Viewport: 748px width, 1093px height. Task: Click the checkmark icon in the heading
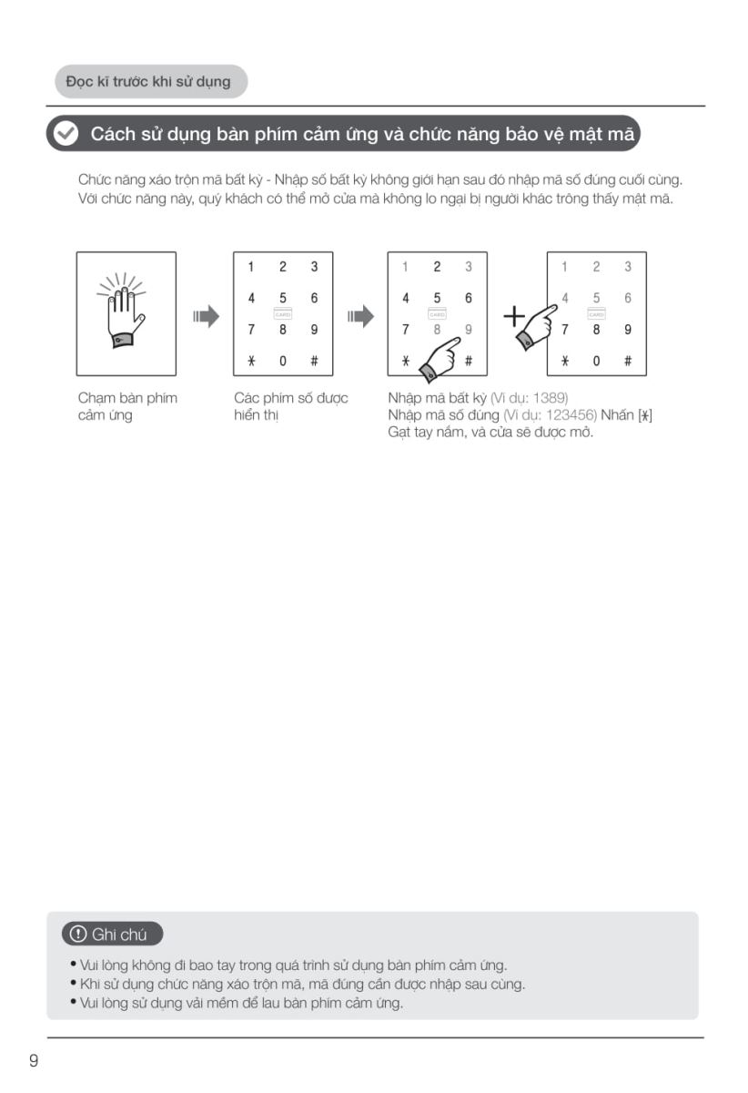point(66,134)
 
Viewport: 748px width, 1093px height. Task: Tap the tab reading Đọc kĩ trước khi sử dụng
point(148,82)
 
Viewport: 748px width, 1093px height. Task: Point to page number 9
point(34,1060)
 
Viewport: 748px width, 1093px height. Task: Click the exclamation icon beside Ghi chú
point(78,935)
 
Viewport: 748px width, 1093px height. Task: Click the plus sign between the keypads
point(514,317)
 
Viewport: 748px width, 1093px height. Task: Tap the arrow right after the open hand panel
point(207,317)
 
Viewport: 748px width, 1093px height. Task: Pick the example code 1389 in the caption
point(551,398)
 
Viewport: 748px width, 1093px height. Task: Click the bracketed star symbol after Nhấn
point(645,415)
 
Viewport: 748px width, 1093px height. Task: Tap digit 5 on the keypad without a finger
point(283,298)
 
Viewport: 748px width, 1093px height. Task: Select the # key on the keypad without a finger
point(314,361)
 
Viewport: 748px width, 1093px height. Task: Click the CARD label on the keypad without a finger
point(283,313)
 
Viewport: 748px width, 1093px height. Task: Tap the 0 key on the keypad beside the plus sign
point(596,361)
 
